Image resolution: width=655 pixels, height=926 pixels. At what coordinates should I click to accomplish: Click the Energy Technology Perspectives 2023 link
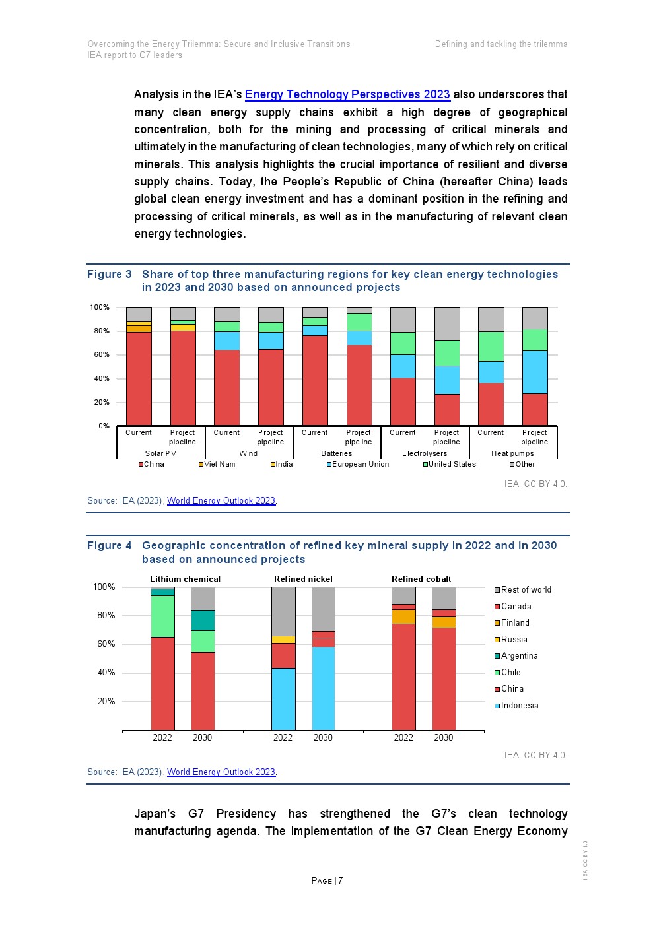click(347, 94)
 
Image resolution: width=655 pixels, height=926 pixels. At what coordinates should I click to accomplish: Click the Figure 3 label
click(110, 274)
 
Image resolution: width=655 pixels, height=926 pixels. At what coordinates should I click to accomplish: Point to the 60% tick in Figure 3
click(101, 354)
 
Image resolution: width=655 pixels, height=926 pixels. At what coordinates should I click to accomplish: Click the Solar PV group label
click(160, 453)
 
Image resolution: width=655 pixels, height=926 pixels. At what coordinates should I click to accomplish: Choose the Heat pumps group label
click(512, 453)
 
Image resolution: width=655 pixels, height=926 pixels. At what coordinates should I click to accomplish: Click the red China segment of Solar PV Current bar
click(139, 378)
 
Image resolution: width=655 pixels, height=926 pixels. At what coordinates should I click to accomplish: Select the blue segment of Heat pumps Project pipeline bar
click(535, 372)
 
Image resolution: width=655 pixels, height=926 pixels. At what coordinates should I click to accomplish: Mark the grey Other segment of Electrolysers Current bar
click(403, 319)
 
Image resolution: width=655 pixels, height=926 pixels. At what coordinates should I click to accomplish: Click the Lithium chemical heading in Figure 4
click(185, 579)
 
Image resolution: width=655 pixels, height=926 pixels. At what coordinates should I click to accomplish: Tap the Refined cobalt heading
click(421, 579)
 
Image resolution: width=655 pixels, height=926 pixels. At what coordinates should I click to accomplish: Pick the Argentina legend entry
click(519, 655)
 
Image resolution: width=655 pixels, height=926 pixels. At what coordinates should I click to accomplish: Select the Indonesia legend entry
click(519, 705)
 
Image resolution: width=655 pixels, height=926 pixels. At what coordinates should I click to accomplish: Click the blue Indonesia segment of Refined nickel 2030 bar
click(323, 688)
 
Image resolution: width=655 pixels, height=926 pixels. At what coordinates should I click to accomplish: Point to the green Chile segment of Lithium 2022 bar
click(162, 616)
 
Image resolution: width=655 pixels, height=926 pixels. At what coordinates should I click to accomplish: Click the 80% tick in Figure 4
click(106, 615)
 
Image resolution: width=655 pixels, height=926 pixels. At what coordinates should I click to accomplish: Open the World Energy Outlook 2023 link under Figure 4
click(221, 772)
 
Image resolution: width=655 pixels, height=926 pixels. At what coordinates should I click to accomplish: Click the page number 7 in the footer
click(341, 880)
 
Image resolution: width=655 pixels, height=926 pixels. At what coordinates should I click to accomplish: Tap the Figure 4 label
click(110, 545)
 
